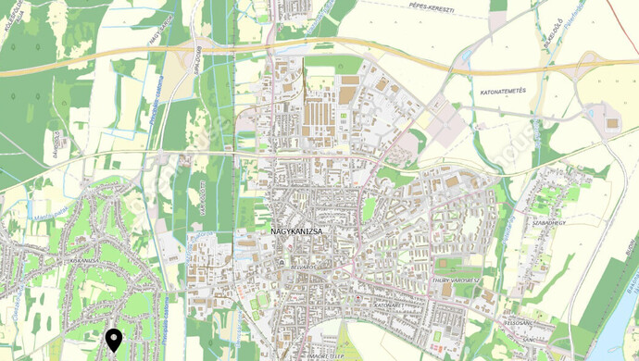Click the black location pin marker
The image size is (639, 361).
[x=114, y=340]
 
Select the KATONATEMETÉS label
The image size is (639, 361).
[x=503, y=93]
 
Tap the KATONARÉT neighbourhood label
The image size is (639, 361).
[x=392, y=305]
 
